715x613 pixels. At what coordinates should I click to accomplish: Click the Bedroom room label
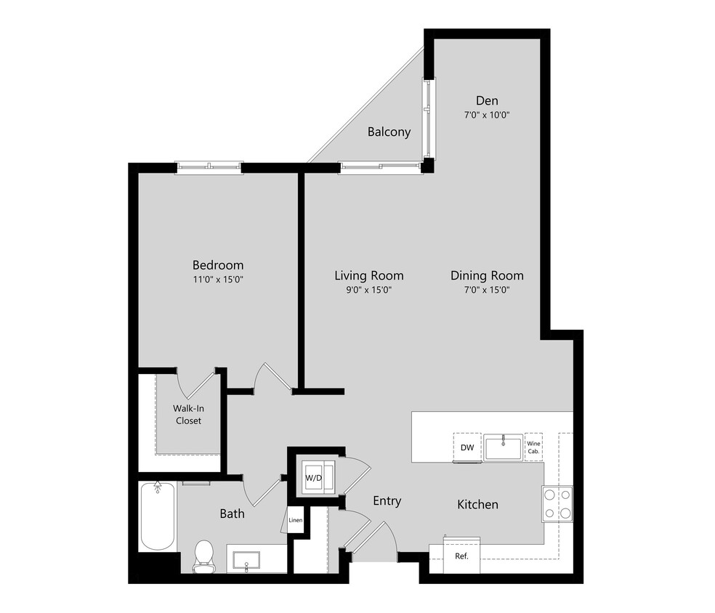click(217, 265)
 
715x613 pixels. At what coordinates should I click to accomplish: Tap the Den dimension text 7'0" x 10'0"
click(487, 115)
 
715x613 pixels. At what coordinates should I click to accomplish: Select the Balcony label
click(389, 132)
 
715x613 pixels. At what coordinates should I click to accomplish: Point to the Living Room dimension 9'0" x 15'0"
click(368, 290)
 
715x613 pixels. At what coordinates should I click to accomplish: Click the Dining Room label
click(486, 275)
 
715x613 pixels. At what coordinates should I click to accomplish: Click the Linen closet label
click(295, 520)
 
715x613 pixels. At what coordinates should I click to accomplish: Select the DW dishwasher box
click(467, 447)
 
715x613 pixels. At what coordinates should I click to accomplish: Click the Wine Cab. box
click(534, 447)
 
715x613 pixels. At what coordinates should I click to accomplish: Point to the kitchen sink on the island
click(503, 447)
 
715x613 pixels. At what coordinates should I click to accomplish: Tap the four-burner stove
click(557, 503)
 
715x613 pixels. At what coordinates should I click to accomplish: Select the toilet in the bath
click(203, 554)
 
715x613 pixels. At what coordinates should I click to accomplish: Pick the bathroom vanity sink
click(247, 560)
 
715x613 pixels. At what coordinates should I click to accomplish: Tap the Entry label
click(387, 501)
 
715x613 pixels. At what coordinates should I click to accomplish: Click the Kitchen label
click(477, 504)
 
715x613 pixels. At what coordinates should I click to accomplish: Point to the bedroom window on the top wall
click(209, 168)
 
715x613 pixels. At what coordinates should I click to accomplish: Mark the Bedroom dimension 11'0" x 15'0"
click(217, 280)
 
